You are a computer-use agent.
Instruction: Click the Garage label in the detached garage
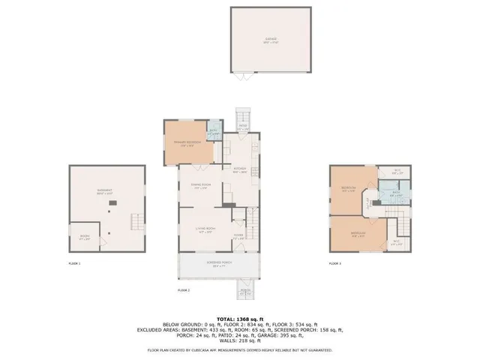(x=271, y=40)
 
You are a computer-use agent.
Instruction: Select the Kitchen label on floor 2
(x=239, y=170)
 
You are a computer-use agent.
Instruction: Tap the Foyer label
(x=238, y=238)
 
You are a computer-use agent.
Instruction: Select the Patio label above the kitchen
(x=244, y=127)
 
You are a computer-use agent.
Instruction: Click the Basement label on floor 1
(x=105, y=192)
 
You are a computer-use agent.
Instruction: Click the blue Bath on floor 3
(x=397, y=194)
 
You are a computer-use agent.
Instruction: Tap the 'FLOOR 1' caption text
(x=74, y=264)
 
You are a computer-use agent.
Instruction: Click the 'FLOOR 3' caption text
(x=335, y=264)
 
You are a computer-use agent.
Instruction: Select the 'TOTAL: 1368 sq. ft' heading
(x=240, y=318)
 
